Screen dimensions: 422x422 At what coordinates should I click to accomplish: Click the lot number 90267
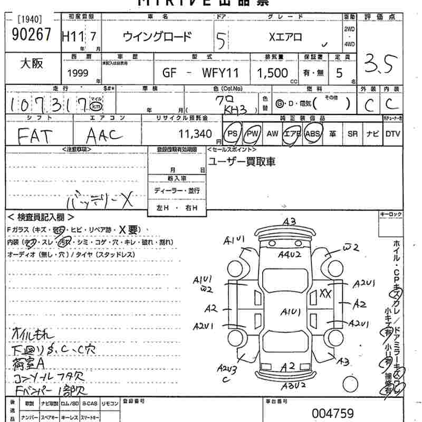point(31,34)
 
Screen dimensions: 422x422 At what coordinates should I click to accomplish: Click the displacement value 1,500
point(272,72)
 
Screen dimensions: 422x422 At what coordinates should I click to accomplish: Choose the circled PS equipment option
point(232,134)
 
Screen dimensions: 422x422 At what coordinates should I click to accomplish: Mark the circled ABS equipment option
point(313,134)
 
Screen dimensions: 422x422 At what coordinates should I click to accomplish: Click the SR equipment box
point(352,134)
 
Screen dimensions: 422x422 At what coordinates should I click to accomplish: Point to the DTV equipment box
point(392,134)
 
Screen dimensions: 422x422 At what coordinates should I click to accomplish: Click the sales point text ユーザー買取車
point(242,161)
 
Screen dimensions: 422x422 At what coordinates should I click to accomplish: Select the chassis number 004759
point(332,413)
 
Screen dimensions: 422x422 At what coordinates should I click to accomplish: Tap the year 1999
point(78,72)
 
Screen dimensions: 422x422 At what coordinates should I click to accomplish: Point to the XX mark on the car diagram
point(325,293)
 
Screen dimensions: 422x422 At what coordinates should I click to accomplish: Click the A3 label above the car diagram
point(289,222)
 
